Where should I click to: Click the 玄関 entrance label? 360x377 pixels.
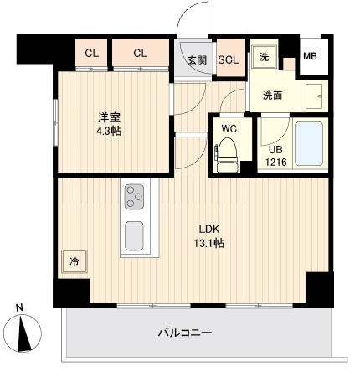(x=197, y=59)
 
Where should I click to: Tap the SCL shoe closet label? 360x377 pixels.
(x=229, y=59)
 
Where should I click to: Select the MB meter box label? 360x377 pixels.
(x=309, y=57)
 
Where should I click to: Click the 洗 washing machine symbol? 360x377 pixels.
(x=264, y=56)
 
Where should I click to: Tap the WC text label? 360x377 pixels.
(x=229, y=129)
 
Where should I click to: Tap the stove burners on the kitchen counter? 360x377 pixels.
(x=135, y=198)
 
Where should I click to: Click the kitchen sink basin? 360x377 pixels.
(x=135, y=235)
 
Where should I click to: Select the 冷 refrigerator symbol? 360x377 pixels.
(x=74, y=261)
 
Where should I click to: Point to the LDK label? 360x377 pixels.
(x=209, y=229)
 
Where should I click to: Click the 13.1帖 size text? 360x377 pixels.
(x=209, y=243)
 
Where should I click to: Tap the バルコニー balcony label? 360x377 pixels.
(x=185, y=333)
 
